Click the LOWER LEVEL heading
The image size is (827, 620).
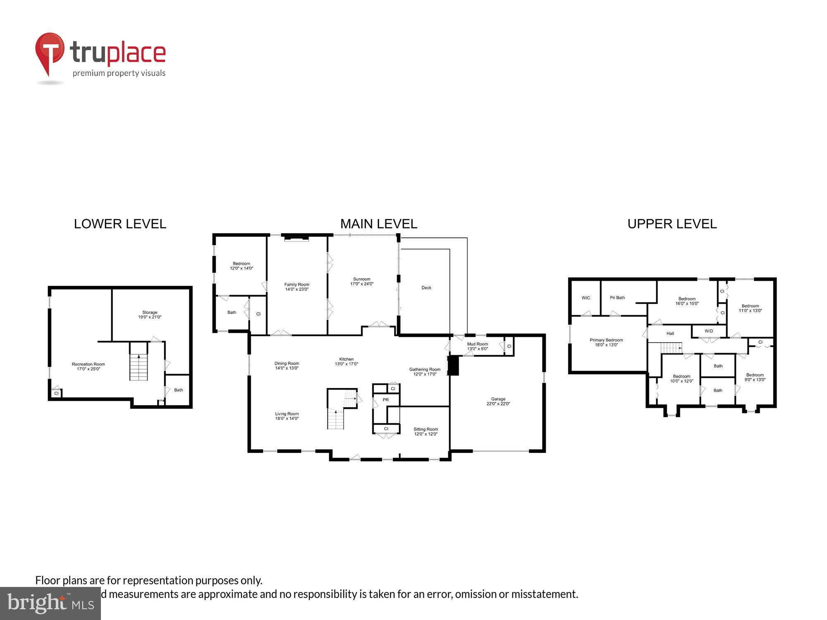(x=120, y=224)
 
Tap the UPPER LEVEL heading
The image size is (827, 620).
(x=672, y=224)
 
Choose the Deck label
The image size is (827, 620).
(x=426, y=288)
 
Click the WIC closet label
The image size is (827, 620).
(x=586, y=298)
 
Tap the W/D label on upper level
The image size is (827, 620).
(x=709, y=331)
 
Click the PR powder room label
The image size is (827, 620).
(x=386, y=400)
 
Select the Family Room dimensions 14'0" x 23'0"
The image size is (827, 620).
(x=297, y=289)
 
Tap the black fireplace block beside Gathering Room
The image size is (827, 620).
(x=454, y=365)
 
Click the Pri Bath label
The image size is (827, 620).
(x=617, y=298)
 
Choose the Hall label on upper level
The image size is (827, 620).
(x=670, y=334)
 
